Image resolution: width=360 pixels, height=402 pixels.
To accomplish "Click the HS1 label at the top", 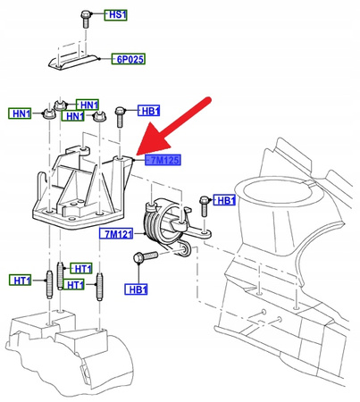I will tap(118, 15).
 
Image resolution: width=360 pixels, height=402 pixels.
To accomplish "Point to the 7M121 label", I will tap(115, 234).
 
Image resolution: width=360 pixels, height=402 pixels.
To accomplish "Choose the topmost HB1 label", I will tap(150, 112).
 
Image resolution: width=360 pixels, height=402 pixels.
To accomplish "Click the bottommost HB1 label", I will tap(137, 289).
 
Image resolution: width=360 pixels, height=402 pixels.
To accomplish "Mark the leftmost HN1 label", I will tap(21, 113).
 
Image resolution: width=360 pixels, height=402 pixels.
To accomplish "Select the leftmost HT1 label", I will tap(21, 281).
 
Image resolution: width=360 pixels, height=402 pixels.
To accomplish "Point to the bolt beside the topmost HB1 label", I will tap(122, 111).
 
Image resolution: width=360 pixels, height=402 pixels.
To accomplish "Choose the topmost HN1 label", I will tap(88, 104).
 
